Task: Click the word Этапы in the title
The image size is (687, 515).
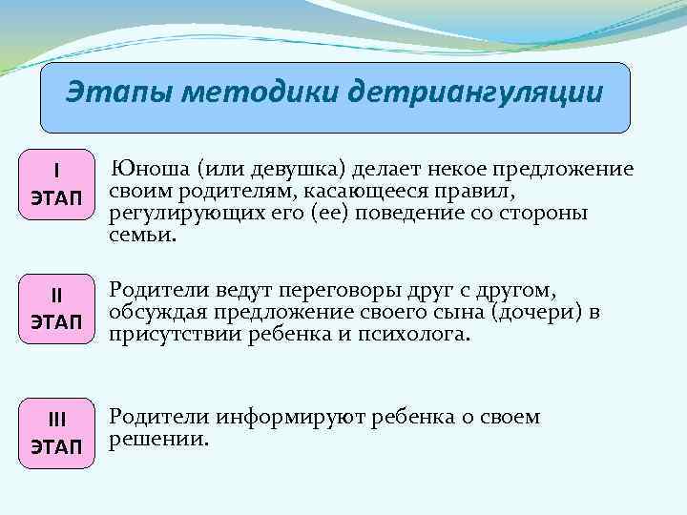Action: tap(120, 93)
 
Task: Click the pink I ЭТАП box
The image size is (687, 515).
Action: tap(57, 183)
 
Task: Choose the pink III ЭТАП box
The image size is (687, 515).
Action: tap(57, 432)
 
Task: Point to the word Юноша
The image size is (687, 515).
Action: tap(152, 170)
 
